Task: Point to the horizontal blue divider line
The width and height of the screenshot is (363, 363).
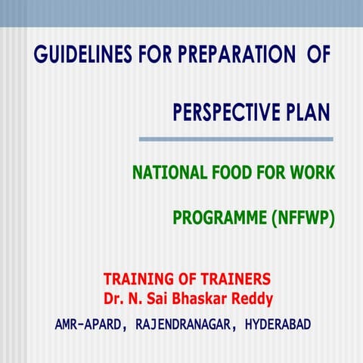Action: (x=236, y=139)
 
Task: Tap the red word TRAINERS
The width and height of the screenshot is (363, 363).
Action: (x=234, y=278)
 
